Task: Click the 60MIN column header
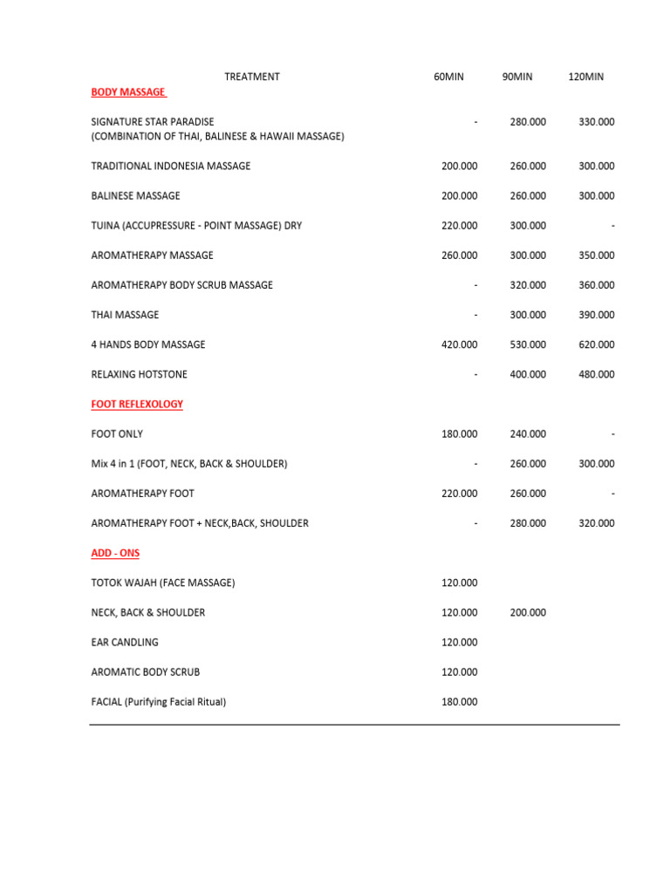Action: point(448,77)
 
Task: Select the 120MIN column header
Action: point(585,77)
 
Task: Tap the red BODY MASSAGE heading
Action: point(128,92)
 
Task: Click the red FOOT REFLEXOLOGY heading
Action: point(137,404)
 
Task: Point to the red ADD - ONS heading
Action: point(115,553)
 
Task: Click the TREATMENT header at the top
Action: point(252,77)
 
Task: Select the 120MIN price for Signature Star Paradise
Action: point(597,122)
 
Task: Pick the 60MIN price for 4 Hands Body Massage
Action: point(460,344)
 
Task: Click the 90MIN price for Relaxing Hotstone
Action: point(528,374)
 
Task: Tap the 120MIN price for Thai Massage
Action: point(597,315)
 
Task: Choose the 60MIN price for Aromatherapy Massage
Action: point(460,256)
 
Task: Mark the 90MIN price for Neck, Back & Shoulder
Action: point(528,612)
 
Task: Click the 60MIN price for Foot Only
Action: point(460,433)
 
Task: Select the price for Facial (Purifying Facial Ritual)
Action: point(460,701)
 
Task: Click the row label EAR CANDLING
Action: point(125,642)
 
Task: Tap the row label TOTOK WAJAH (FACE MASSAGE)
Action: point(163,583)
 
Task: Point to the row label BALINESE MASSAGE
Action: point(135,195)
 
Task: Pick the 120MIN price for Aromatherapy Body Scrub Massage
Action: point(597,285)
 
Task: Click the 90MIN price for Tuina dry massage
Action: point(528,225)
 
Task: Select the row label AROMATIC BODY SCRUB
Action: point(145,671)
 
